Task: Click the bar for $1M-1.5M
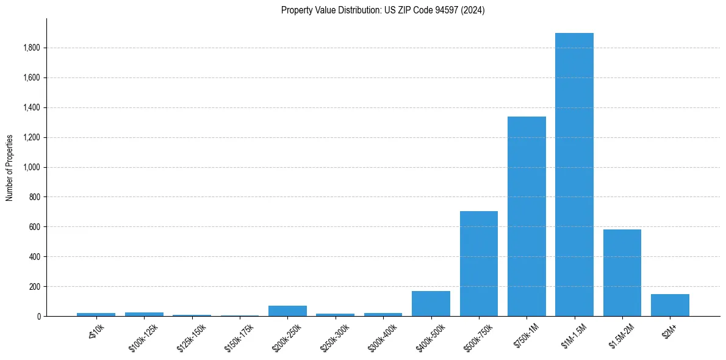pyautogui.click(x=574, y=175)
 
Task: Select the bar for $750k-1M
pyautogui.click(x=527, y=216)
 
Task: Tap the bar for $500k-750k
pyautogui.click(x=479, y=264)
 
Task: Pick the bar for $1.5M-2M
pyautogui.click(x=622, y=273)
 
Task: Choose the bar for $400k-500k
pyautogui.click(x=431, y=303)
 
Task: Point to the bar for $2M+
pyautogui.click(x=670, y=305)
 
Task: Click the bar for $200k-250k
pyautogui.click(x=287, y=311)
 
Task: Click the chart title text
pyautogui.click(x=383, y=10)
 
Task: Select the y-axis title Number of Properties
pyautogui.click(x=10, y=167)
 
